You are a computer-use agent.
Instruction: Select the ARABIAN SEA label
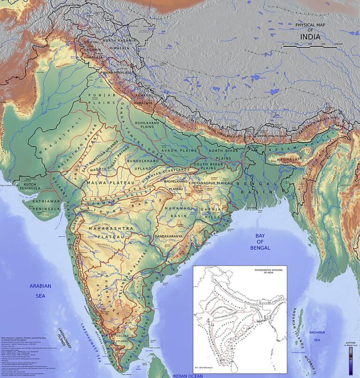tap(40, 290)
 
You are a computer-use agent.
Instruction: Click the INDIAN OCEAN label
tap(187, 376)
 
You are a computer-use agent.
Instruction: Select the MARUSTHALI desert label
tap(51, 135)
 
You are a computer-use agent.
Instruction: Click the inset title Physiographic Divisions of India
tap(270, 272)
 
